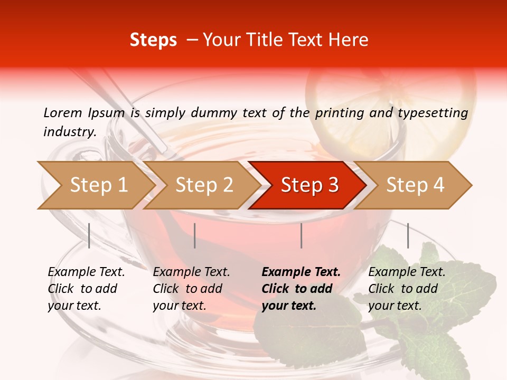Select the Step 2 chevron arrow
coord(203,185)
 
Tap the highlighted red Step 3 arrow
coord(309,185)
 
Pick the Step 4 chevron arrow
coord(415,185)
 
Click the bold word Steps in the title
coord(153,40)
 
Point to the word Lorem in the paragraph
coord(63,112)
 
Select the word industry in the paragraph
coord(69,132)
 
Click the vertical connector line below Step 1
coord(89,235)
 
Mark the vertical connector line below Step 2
coord(195,235)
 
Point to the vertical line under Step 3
coord(301,235)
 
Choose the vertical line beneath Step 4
coord(408,235)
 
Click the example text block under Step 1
coord(86,289)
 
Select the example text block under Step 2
coord(191,289)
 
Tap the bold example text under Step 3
coord(301,289)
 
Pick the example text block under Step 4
coord(407,289)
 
